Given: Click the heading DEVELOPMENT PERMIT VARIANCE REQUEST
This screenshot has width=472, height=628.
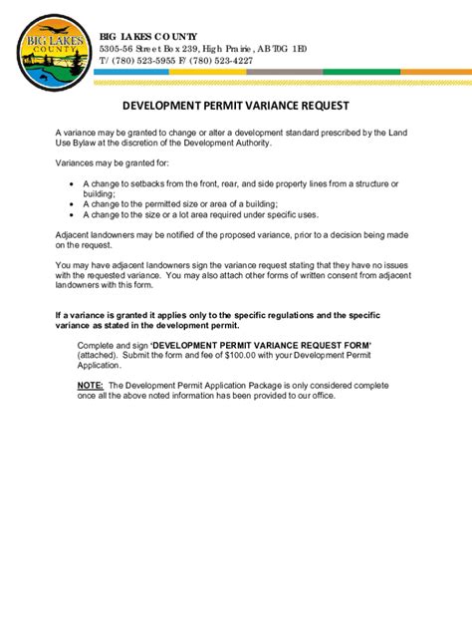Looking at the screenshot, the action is tap(235, 105).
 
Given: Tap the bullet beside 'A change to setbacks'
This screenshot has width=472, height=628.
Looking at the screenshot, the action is tap(71, 184).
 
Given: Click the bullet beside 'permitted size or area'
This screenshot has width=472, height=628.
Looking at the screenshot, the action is tap(71, 204).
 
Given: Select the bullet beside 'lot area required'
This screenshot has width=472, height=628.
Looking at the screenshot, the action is tap(71, 214).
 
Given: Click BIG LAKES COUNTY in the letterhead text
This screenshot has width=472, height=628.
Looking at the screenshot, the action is tap(147, 36).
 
